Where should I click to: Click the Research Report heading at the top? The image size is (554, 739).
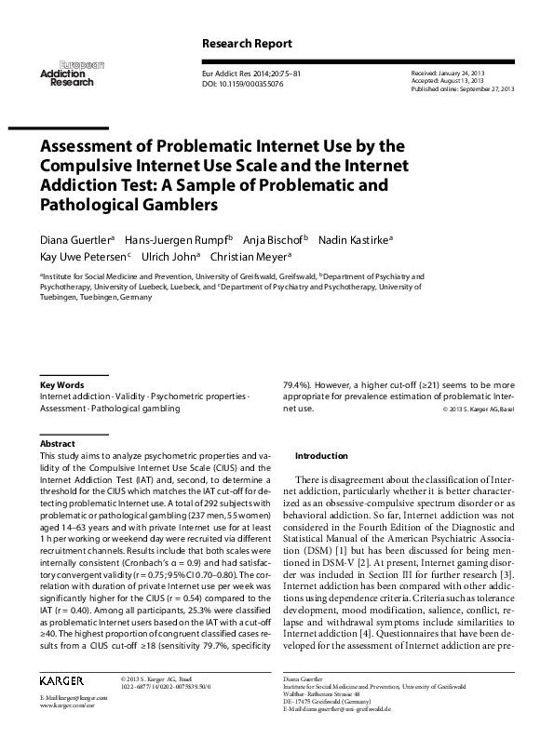(x=247, y=44)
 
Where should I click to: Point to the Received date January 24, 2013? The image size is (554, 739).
(x=451, y=72)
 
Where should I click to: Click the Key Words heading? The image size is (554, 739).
(x=62, y=384)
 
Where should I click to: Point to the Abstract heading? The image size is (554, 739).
(x=58, y=444)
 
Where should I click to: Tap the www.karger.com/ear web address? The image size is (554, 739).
(x=65, y=706)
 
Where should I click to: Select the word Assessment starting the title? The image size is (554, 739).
(x=95, y=147)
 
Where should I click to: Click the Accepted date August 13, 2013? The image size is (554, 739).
(x=449, y=79)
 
